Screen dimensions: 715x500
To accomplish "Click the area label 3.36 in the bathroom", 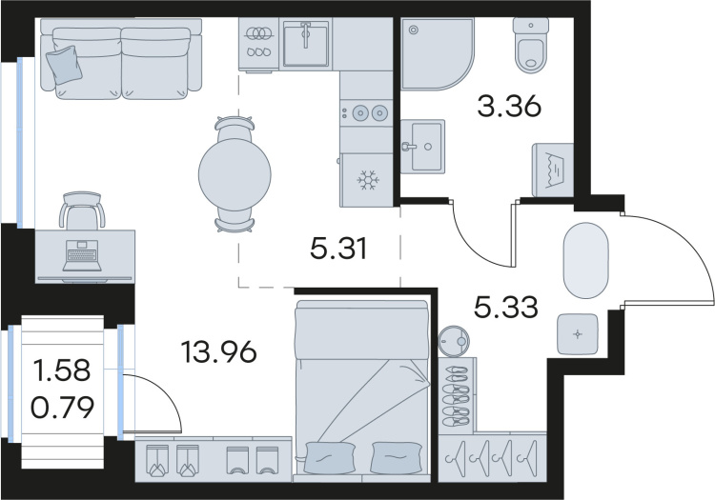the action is [509, 107].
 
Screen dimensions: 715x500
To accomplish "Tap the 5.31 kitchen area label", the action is [338, 249].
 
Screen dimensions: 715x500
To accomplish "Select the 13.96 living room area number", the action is [219, 352].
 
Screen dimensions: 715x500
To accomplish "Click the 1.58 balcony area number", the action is [62, 370].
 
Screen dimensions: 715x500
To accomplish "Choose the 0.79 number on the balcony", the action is [63, 407].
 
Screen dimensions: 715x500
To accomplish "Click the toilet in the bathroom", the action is [529, 45].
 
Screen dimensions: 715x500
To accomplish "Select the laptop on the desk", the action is [82, 256].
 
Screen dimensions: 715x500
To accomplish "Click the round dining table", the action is [235, 173].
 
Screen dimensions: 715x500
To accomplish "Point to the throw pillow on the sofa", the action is [64, 66].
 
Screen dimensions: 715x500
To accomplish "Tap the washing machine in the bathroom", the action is [553, 170].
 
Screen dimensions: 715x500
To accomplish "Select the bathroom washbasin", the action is [422, 146].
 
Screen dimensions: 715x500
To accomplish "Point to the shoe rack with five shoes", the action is [458, 395].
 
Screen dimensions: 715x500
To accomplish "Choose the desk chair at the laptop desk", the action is [82, 210].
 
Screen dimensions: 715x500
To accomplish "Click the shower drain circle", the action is [414, 30].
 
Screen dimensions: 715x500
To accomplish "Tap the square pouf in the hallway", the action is [578, 334].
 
